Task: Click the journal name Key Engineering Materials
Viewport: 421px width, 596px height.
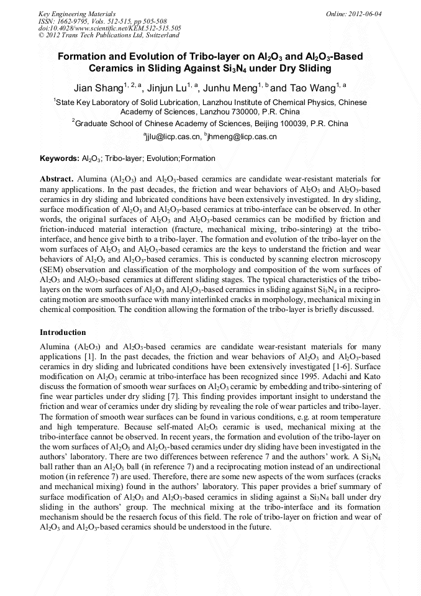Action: pos(77,13)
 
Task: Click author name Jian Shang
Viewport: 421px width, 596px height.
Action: pos(99,88)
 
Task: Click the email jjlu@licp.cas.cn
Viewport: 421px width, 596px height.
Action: pos(173,136)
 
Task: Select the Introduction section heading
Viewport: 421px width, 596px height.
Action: pos(63,332)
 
